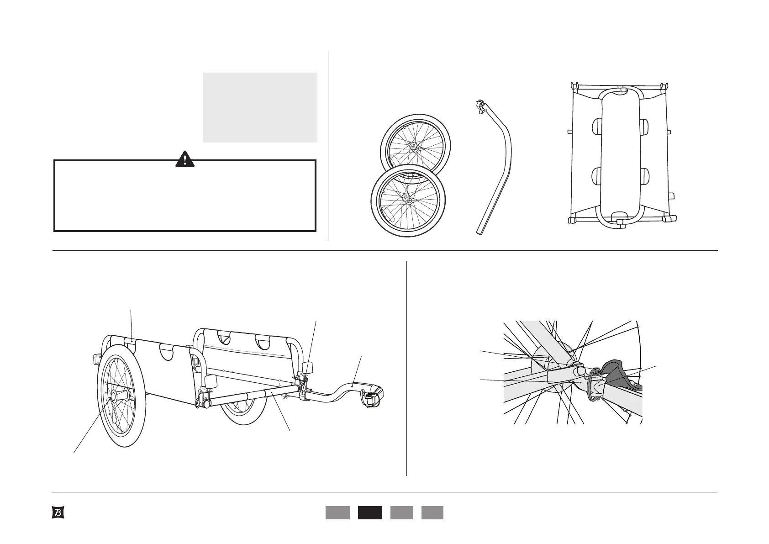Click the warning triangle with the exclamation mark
click(185, 158)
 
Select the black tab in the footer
click(369, 512)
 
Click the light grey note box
click(259, 107)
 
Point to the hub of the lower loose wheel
click(406, 199)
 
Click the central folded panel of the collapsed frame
click(620, 155)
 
